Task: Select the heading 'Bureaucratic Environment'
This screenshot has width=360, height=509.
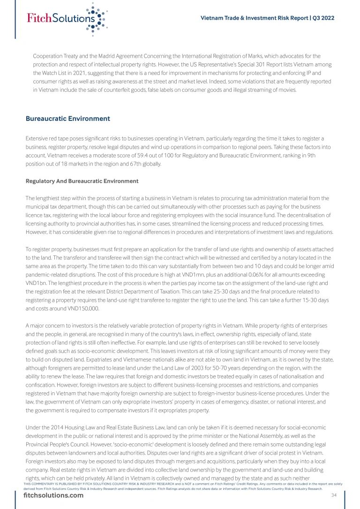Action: click(x=68, y=119)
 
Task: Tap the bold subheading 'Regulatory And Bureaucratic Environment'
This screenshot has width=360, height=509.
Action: click(x=82, y=181)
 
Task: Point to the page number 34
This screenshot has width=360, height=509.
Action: click(x=334, y=495)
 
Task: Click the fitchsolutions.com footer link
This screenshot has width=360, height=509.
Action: click(x=54, y=496)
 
